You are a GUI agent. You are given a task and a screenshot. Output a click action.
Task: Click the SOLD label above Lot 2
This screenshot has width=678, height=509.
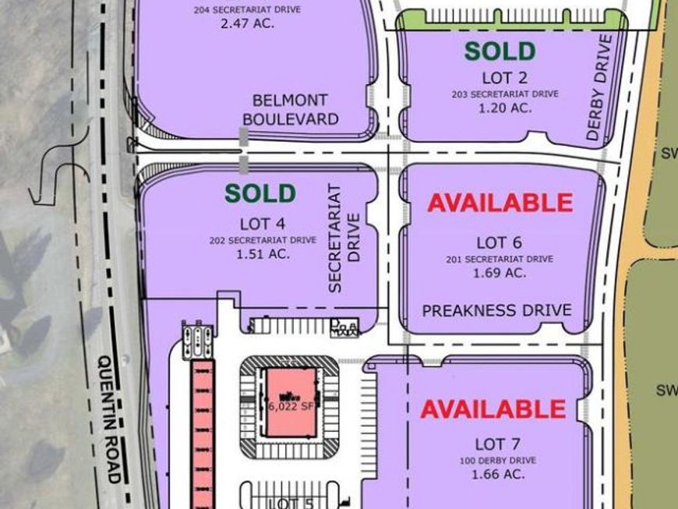pyautogui.click(x=500, y=51)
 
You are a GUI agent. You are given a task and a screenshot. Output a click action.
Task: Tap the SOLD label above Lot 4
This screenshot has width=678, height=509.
pyautogui.click(x=260, y=193)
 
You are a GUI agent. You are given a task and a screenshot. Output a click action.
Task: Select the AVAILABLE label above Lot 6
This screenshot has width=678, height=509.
pyautogui.click(x=500, y=203)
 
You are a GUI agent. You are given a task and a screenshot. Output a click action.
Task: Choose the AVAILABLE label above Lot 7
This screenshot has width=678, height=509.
pyautogui.click(x=493, y=408)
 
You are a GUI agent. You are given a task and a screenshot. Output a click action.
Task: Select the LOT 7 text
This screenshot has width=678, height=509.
pyautogui.click(x=492, y=444)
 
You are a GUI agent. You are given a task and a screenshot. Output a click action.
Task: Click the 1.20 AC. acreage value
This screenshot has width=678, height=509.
pyautogui.click(x=504, y=108)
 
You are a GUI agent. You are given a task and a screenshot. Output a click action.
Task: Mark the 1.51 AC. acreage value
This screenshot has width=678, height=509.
pyautogui.click(x=262, y=253)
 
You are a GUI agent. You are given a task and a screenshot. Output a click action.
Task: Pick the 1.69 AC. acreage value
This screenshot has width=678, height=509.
pyautogui.click(x=500, y=273)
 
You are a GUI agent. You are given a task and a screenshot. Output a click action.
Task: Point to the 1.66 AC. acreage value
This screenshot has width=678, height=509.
pyautogui.click(x=492, y=473)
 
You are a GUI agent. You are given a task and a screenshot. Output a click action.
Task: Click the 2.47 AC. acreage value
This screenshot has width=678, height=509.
pyautogui.click(x=248, y=23)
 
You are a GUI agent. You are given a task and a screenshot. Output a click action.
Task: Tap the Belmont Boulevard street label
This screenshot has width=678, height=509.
pyautogui.click(x=290, y=110)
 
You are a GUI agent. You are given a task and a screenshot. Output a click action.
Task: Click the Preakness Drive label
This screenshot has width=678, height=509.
pyautogui.click(x=496, y=310)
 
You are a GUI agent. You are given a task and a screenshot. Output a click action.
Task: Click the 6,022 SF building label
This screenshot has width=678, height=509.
pyautogui.click(x=291, y=406)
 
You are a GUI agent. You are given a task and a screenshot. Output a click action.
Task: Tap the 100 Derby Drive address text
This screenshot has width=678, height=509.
pyautogui.click(x=492, y=459)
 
